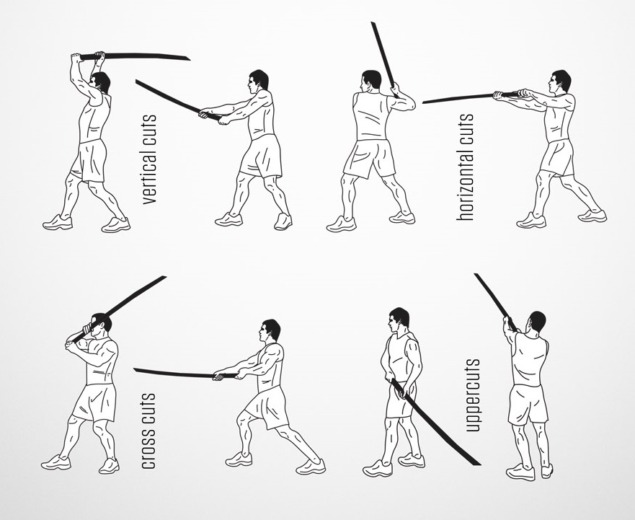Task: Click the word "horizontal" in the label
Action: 465,182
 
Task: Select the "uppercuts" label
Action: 473,395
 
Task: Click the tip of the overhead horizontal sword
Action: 190,59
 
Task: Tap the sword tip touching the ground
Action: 480,464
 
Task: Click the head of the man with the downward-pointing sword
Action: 399,320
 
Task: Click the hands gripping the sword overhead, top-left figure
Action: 87,56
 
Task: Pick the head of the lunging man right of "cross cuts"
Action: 270,331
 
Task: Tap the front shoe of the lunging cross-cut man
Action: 311,467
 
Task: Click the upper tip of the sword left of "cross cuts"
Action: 165,277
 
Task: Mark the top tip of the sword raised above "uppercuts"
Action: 476,274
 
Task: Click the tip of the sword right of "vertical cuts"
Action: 136,81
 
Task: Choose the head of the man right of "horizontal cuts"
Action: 560,82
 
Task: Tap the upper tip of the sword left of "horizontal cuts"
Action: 373,23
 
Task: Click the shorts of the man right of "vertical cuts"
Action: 261,157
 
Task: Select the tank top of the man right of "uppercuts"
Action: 530,358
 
